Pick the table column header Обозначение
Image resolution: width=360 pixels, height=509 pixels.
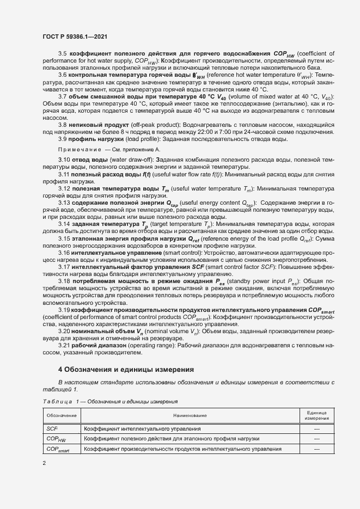click(61, 415)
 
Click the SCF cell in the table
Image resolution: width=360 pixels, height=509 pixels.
click(52, 428)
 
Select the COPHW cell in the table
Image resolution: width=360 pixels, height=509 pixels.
click(56, 439)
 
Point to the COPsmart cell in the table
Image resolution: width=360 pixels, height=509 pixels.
click(59, 450)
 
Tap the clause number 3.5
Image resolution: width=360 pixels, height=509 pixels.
click(62, 53)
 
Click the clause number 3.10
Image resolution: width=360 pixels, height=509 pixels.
click(64, 159)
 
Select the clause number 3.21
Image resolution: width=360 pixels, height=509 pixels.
click(64, 346)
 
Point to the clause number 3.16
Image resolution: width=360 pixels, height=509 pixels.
click(64, 253)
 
